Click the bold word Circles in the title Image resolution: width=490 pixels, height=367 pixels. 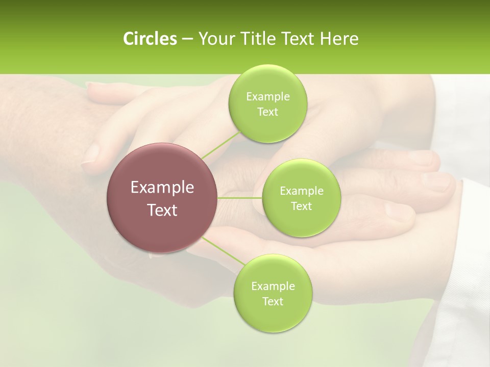(x=150, y=39)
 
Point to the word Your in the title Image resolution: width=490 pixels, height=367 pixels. (x=214, y=39)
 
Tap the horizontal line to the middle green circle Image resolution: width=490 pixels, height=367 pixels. (x=239, y=198)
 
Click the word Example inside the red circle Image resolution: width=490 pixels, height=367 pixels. (x=162, y=188)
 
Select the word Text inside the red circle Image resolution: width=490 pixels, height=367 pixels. (x=162, y=210)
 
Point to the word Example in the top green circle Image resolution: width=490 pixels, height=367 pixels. (x=267, y=97)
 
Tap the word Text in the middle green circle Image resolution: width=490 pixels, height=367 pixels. (x=301, y=206)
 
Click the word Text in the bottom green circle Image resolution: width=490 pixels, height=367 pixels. (x=273, y=301)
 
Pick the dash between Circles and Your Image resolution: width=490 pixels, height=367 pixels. (x=187, y=39)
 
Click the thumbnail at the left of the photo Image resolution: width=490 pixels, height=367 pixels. (x=92, y=153)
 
